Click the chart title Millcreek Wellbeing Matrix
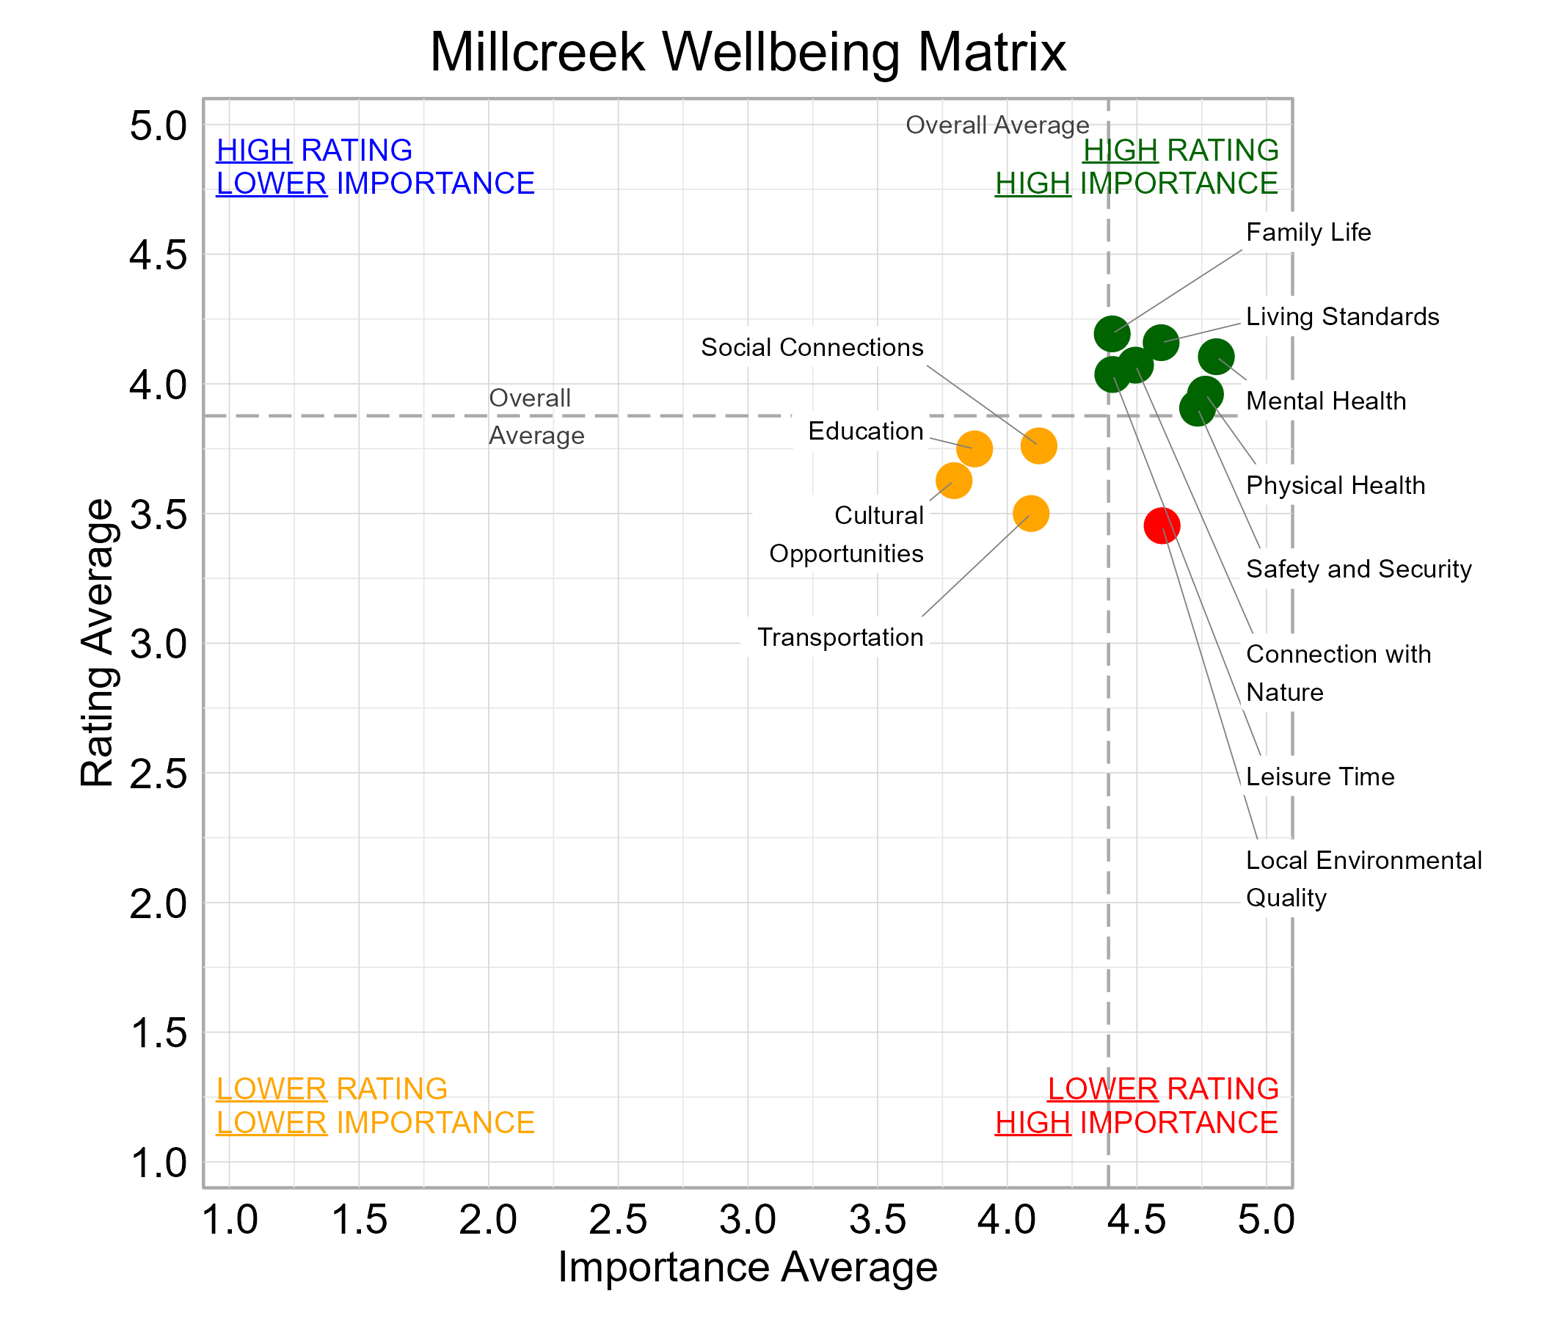[748, 52]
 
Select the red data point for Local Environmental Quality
[1162, 526]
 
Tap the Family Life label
[1308, 233]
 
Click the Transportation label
[839, 638]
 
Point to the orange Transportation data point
[1031, 513]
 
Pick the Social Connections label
[812, 347]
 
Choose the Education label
[865, 432]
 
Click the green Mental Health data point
[1216, 356]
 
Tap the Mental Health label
[1325, 401]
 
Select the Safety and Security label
[1358, 569]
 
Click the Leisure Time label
[1319, 777]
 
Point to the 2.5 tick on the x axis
[618, 1220]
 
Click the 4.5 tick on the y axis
[159, 256]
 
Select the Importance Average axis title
[748, 1267]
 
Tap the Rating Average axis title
[98, 643]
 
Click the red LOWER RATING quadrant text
[1162, 1089]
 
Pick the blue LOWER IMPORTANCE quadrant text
[375, 183]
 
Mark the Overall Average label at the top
[997, 125]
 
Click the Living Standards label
[1341, 317]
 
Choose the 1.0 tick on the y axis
[159, 1163]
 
